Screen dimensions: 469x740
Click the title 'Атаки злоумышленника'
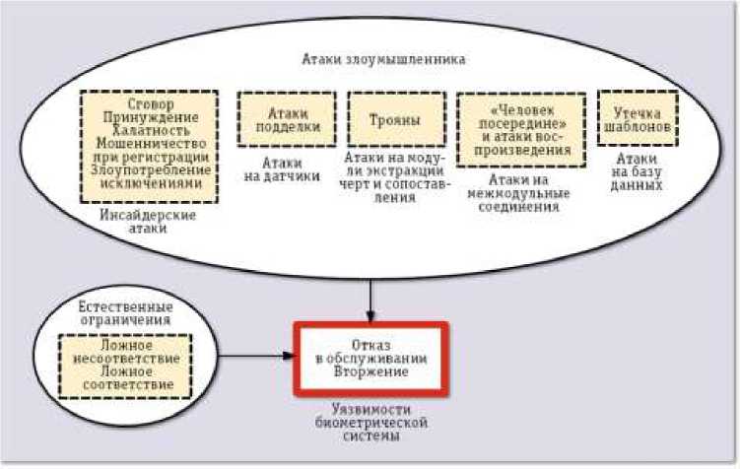[383, 60]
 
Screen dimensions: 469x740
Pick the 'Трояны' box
[395, 120]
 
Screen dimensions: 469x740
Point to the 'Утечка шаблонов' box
[637, 119]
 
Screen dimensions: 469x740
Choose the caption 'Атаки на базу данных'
[638, 170]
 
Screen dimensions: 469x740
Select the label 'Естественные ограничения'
[124, 314]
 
